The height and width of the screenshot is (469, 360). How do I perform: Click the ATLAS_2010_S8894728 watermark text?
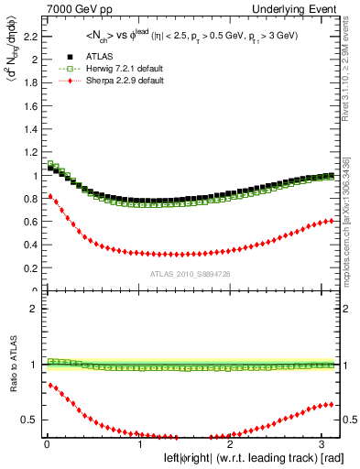point(190,274)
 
